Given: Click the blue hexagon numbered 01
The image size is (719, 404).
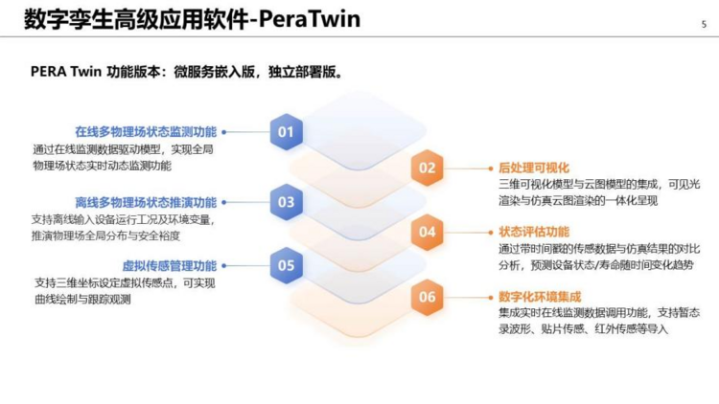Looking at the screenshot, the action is pos(286,132).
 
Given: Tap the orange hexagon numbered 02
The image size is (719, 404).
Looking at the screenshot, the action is pos(427,168).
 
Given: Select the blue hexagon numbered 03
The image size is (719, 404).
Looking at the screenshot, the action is pos(286,202).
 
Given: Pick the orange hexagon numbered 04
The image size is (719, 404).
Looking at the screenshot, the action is pos(427,233).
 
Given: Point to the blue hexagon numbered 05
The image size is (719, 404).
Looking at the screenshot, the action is pos(286,266).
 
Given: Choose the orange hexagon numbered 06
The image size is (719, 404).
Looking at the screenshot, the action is pos(427,298).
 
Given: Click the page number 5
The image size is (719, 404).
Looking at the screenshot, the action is pos(704,24).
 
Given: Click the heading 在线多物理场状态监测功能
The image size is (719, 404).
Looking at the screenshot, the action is pos(146,132).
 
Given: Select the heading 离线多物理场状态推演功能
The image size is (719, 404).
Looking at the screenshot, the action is pos(146,202).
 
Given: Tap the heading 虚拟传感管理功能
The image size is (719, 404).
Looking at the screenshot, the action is pos(170,266).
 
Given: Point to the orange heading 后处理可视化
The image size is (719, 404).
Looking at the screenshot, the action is pos(534,168).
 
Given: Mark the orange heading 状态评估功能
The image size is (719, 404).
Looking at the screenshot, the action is pos(534,232).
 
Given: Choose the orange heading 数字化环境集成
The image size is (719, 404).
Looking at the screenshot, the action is pos(540,297).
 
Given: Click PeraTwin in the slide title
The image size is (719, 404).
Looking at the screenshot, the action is pos(310,19).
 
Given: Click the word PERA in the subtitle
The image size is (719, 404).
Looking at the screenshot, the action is pos(48,72).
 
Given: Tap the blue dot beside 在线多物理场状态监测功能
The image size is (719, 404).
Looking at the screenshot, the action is pos(224,132).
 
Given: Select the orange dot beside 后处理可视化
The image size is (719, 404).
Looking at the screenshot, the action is pos(491,168).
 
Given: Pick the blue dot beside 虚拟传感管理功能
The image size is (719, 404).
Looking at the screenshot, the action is pos(224,266).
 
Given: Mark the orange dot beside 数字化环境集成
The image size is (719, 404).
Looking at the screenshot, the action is pos(491,298).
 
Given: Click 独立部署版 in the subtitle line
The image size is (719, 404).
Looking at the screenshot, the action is pos(302,73).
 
